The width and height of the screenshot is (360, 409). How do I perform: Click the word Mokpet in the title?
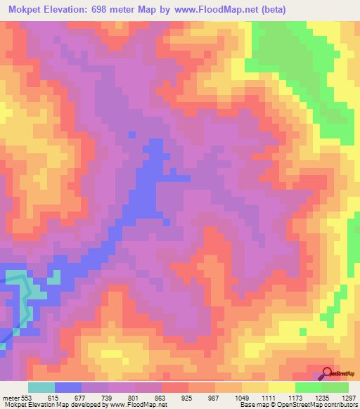(x=25, y=11)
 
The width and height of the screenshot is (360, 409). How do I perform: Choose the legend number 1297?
(x=349, y=398)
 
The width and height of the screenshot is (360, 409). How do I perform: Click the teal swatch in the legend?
(x=41, y=387)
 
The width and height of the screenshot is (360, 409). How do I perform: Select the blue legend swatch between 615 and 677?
(x=68, y=387)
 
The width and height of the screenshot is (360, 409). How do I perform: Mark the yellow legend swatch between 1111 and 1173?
(x=282, y=387)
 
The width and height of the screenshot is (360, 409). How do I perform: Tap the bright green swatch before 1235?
(x=309, y=387)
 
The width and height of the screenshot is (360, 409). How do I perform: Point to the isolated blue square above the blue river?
(x=131, y=134)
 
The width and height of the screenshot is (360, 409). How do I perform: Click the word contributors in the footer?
(x=340, y=405)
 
